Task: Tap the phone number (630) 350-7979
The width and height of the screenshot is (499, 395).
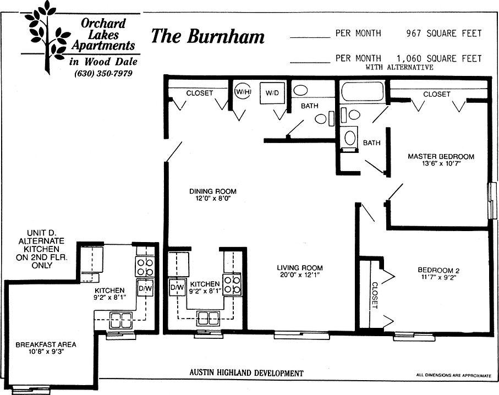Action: (x=103, y=74)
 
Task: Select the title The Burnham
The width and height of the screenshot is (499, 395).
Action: (x=207, y=36)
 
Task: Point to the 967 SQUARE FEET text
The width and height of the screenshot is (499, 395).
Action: (x=444, y=34)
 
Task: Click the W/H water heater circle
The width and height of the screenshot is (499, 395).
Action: (x=243, y=92)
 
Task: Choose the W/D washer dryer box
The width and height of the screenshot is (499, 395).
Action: (x=272, y=93)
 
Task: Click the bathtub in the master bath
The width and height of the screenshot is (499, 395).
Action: (x=362, y=91)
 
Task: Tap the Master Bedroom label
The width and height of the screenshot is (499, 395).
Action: (x=441, y=156)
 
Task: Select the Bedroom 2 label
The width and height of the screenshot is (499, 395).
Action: (x=438, y=271)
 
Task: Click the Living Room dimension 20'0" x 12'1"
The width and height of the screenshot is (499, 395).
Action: (x=300, y=275)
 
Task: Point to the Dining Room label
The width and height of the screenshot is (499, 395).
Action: (x=213, y=191)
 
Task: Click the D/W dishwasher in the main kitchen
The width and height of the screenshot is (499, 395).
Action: (x=177, y=287)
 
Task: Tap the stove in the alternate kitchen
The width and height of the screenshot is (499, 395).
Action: (x=145, y=267)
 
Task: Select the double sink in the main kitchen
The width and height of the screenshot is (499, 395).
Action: (x=209, y=319)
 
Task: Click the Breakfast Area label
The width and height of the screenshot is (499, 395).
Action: (x=46, y=344)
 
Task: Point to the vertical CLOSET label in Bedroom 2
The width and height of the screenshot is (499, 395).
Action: (x=375, y=295)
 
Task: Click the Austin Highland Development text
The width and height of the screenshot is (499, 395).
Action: (x=246, y=373)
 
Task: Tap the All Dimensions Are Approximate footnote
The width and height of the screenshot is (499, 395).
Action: (x=453, y=376)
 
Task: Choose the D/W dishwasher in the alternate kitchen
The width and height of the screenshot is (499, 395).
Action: (x=145, y=288)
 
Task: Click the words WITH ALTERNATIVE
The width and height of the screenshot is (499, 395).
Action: (x=399, y=67)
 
